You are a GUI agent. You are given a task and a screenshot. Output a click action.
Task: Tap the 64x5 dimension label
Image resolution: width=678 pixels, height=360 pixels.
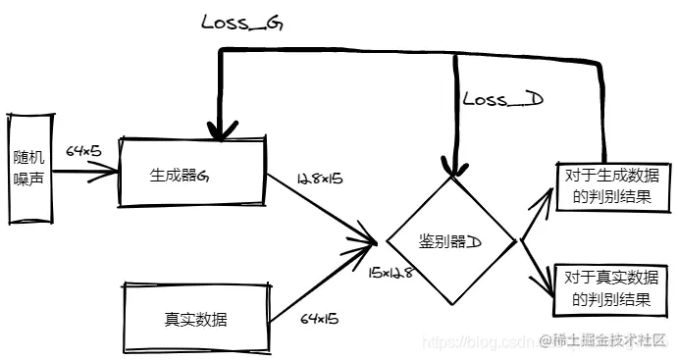(x=84, y=152)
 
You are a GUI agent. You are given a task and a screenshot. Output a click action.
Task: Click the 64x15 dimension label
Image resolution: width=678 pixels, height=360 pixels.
(x=318, y=318)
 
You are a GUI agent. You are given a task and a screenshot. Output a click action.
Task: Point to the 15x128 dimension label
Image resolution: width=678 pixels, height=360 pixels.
(x=391, y=272)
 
